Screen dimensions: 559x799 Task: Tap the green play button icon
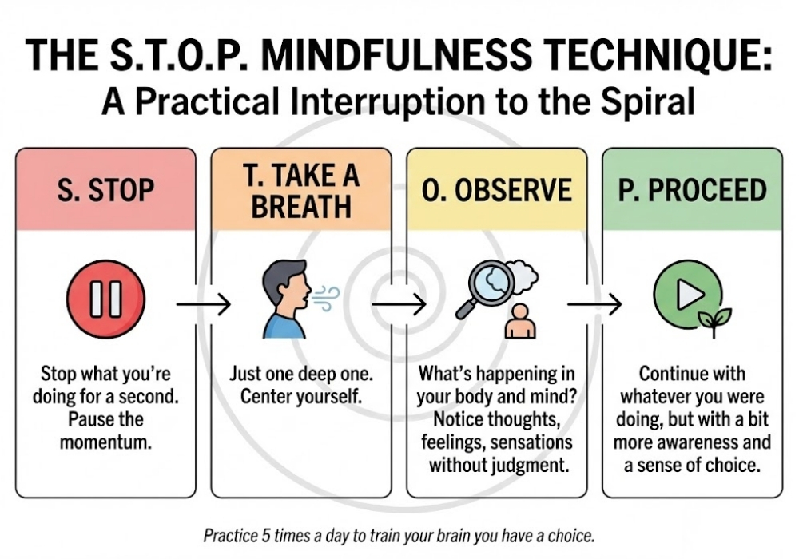pos(686,295)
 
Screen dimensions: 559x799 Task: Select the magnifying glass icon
pos(487,289)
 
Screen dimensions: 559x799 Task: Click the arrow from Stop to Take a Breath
pos(203,303)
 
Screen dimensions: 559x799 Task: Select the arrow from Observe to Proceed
pos(594,303)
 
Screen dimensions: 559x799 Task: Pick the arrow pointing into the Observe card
pos(398,303)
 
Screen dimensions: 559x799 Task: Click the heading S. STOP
pos(105,192)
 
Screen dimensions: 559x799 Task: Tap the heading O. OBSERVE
pos(496,192)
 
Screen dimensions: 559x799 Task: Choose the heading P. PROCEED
pos(692,192)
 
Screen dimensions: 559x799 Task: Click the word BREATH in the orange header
pos(300,206)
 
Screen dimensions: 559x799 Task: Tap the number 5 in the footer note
pos(268,535)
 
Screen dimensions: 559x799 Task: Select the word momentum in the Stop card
pos(105,443)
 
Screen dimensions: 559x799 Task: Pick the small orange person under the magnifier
pos(521,321)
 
